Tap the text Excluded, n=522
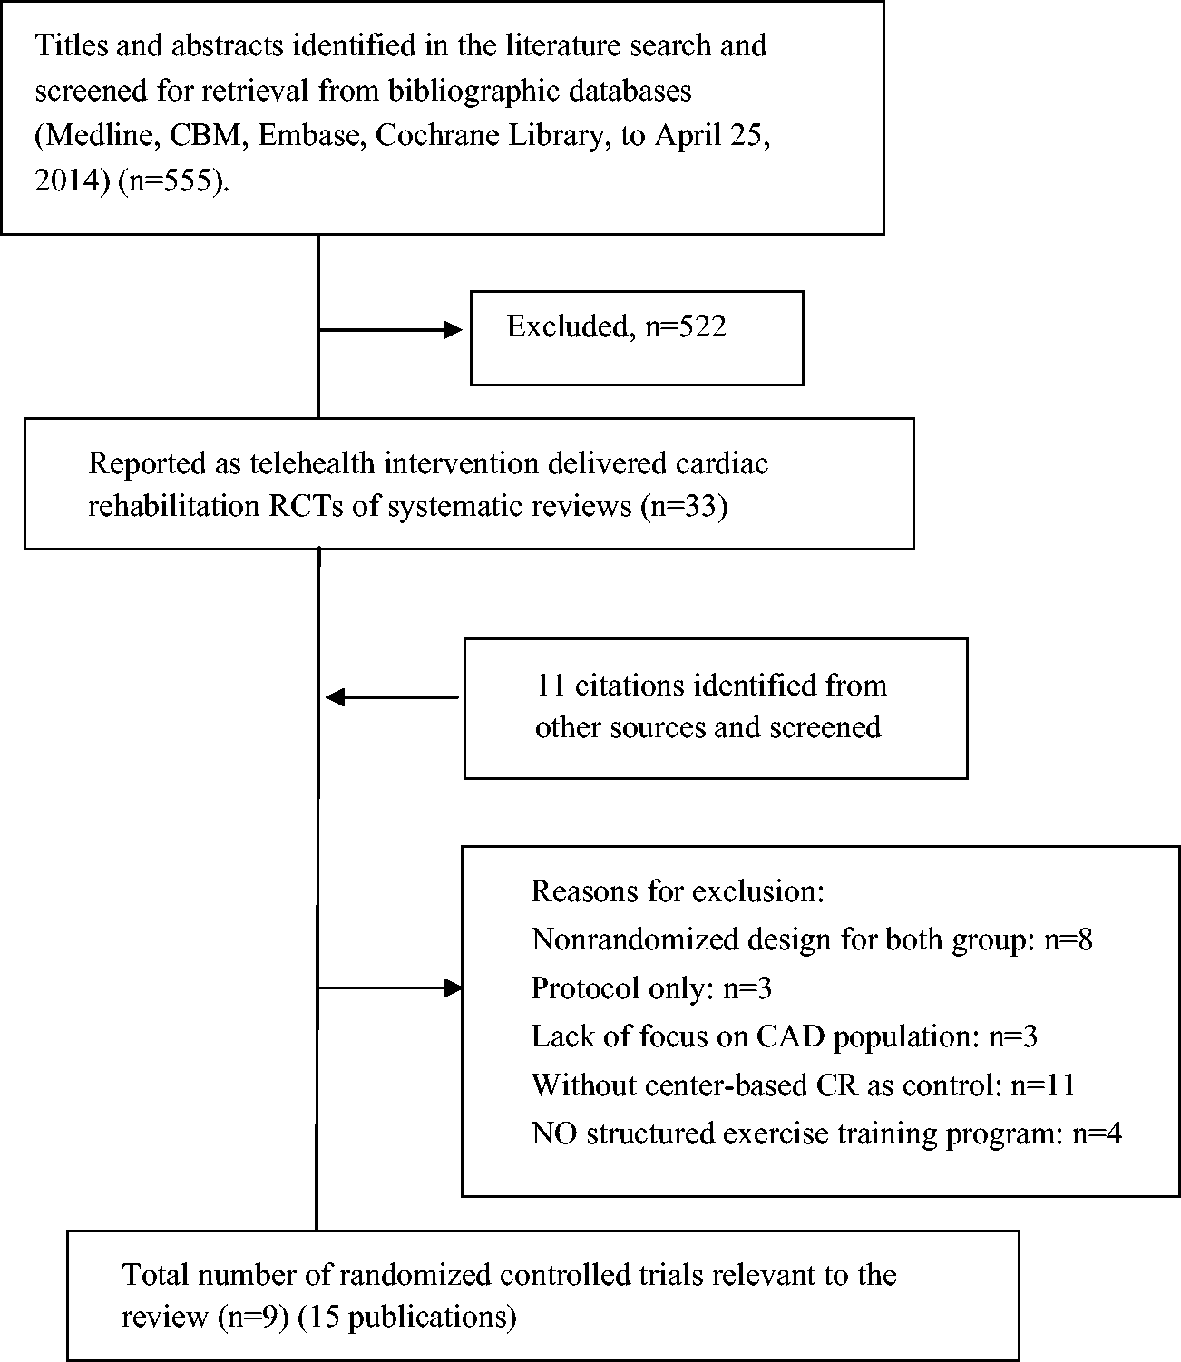pyautogui.click(x=616, y=326)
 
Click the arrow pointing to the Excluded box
pyautogui.click(x=390, y=329)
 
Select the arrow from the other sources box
pyautogui.click(x=392, y=697)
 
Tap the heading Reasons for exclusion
pyautogui.click(x=678, y=891)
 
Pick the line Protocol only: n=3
pyautogui.click(x=651, y=988)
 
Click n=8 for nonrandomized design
pyautogui.click(x=1069, y=939)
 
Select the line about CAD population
pyautogui.click(x=785, y=1036)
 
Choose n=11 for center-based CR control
pyautogui.click(x=1042, y=1085)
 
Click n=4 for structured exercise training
pyautogui.click(x=1098, y=1133)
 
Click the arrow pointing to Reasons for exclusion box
pyautogui.click(x=389, y=987)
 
